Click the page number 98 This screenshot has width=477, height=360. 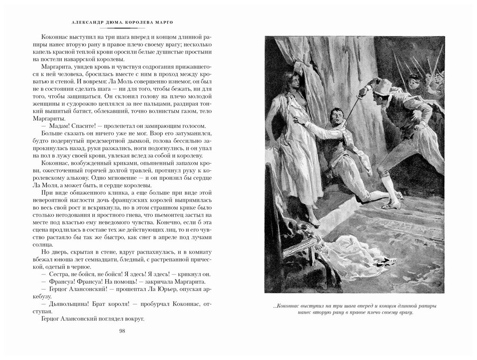122,331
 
